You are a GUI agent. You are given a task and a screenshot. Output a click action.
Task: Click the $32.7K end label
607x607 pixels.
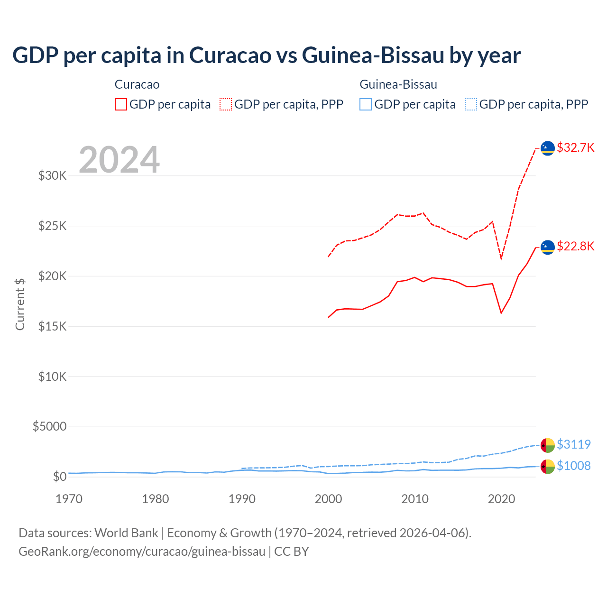click(x=575, y=147)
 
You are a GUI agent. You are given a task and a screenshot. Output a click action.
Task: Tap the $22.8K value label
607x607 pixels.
click(x=575, y=246)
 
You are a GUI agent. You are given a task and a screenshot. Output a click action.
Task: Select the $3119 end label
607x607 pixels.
click(x=573, y=444)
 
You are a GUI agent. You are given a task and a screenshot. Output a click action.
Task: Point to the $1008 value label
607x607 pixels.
click(x=573, y=466)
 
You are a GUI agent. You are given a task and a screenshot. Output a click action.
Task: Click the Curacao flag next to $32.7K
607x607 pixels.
click(x=548, y=148)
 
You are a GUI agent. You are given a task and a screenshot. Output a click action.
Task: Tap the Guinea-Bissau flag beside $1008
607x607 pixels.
click(x=548, y=467)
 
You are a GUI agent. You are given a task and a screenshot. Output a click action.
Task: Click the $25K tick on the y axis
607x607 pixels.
click(x=52, y=226)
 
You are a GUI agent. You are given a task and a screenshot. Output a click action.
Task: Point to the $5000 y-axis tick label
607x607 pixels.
click(x=49, y=426)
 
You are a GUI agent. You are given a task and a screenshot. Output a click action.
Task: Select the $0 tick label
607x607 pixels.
click(x=59, y=477)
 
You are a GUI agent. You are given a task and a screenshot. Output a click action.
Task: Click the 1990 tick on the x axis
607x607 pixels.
click(x=242, y=499)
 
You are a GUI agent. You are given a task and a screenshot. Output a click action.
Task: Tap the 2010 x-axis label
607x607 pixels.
click(x=415, y=499)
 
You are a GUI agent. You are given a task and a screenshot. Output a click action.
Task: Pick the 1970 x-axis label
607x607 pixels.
click(x=69, y=499)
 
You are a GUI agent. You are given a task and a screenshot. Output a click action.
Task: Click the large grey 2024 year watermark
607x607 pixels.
click(x=119, y=160)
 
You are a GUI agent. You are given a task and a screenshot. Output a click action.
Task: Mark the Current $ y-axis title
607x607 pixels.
click(x=20, y=304)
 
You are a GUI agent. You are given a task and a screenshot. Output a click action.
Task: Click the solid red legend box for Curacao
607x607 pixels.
click(x=121, y=104)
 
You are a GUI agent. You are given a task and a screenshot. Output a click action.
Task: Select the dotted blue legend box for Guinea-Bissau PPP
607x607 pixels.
click(x=471, y=104)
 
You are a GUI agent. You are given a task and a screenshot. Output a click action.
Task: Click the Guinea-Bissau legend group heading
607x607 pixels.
click(x=398, y=84)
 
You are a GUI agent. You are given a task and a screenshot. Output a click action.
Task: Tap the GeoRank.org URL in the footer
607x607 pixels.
click(x=142, y=552)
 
